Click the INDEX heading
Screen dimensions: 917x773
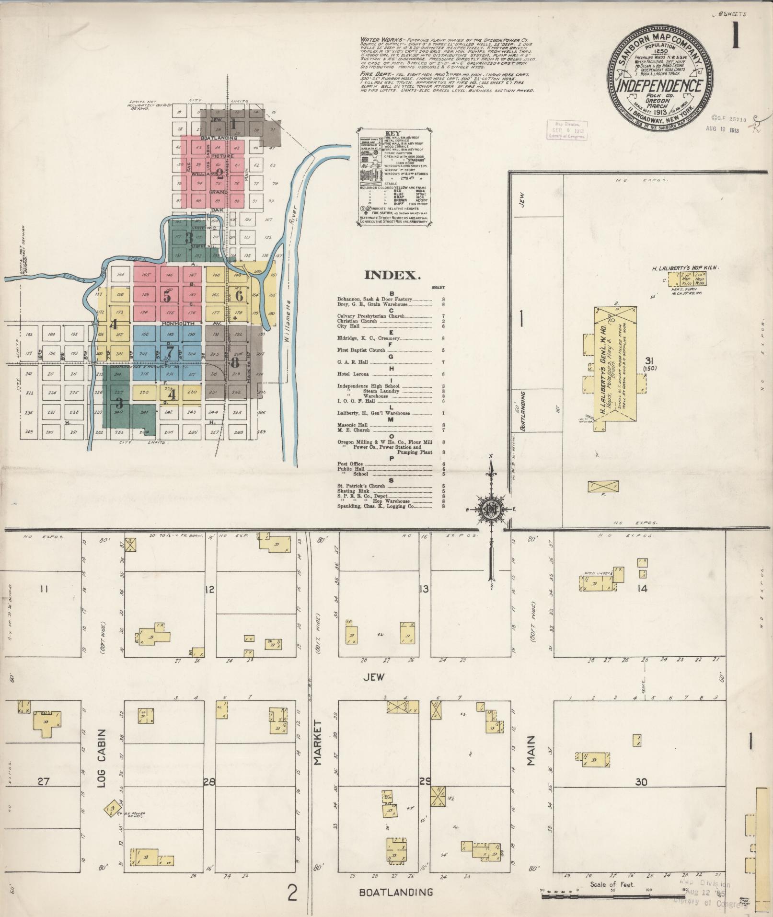click(x=392, y=275)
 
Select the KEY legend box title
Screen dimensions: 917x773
click(x=392, y=134)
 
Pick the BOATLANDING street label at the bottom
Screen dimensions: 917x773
click(x=396, y=893)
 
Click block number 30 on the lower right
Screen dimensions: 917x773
click(x=641, y=782)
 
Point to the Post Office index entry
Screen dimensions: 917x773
click(x=350, y=464)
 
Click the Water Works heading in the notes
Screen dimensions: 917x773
click(x=377, y=39)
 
